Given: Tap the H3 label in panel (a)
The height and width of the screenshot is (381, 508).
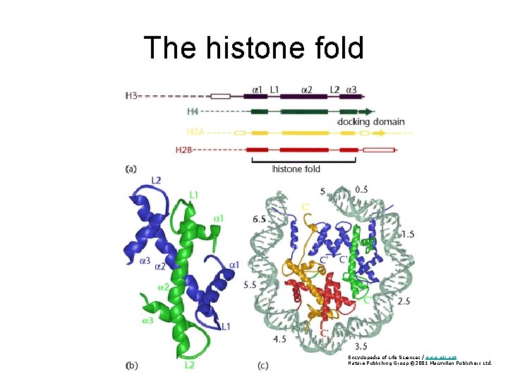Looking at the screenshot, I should [x=131, y=95].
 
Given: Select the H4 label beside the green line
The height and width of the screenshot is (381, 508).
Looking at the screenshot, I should [x=193, y=111].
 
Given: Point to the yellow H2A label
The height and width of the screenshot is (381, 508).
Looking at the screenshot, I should [x=197, y=132].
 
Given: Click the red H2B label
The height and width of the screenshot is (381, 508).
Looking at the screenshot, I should [x=184, y=150].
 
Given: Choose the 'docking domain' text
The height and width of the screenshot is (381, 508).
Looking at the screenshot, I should [x=372, y=121].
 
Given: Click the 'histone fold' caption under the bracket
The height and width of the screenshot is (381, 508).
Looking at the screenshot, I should [x=296, y=169].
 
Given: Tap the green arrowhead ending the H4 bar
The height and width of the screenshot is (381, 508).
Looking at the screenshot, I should [x=368, y=111].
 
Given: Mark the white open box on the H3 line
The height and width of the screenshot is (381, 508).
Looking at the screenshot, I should [x=221, y=95].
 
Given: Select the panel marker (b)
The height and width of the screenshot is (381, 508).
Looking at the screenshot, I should [x=131, y=365].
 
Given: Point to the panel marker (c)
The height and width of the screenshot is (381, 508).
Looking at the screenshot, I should [x=262, y=365].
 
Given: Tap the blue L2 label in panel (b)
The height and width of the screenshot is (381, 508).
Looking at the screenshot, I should [x=155, y=181].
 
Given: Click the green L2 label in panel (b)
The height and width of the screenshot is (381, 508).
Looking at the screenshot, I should [x=190, y=365].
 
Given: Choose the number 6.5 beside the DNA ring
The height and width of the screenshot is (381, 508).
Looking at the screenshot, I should [x=259, y=219].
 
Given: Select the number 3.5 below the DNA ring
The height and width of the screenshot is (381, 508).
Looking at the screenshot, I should [x=361, y=346].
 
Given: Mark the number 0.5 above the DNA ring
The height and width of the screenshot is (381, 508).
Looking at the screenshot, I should [x=361, y=189].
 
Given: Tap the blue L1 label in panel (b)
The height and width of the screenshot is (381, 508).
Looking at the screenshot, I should [x=226, y=326].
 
